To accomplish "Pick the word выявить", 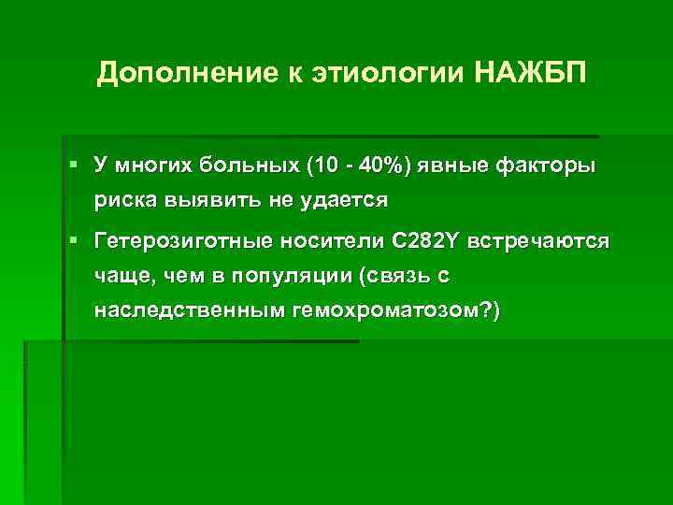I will click(214, 200).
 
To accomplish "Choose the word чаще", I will click(121, 276).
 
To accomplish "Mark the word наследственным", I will click(189, 310).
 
